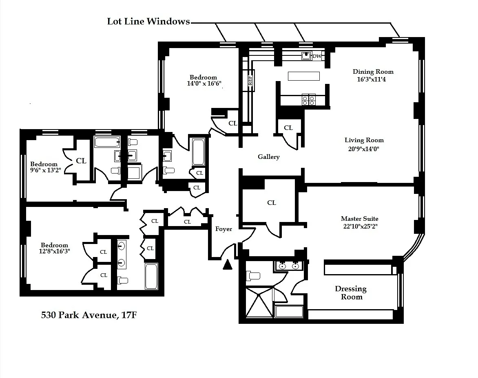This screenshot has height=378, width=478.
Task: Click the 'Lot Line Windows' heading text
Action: tap(148, 22)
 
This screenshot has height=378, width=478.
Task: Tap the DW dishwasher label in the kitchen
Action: tap(316, 56)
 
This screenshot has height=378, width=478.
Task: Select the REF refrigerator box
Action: tap(250, 80)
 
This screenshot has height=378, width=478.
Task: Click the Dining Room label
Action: tap(373, 72)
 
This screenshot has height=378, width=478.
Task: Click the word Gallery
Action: tap(268, 157)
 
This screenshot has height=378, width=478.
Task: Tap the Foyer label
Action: tap(224, 229)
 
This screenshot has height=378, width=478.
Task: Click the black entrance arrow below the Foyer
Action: tap(228, 265)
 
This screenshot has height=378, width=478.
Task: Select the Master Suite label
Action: tap(359, 219)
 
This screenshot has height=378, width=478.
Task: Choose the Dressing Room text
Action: tap(351, 293)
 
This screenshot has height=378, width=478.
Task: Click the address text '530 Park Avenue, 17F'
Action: tap(89, 315)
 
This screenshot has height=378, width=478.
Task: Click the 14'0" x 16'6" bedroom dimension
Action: tap(203, 84)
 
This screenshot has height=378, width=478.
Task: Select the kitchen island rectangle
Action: tap(304, 76)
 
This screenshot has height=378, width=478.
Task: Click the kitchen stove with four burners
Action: tap(308, 100)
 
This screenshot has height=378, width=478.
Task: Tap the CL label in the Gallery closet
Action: tap(288, 128)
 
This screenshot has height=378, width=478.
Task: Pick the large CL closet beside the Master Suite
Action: tap(271, 202)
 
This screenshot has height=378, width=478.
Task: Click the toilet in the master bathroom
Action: tap(253, 276)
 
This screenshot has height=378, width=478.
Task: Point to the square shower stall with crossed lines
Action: tap(259, 302)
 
